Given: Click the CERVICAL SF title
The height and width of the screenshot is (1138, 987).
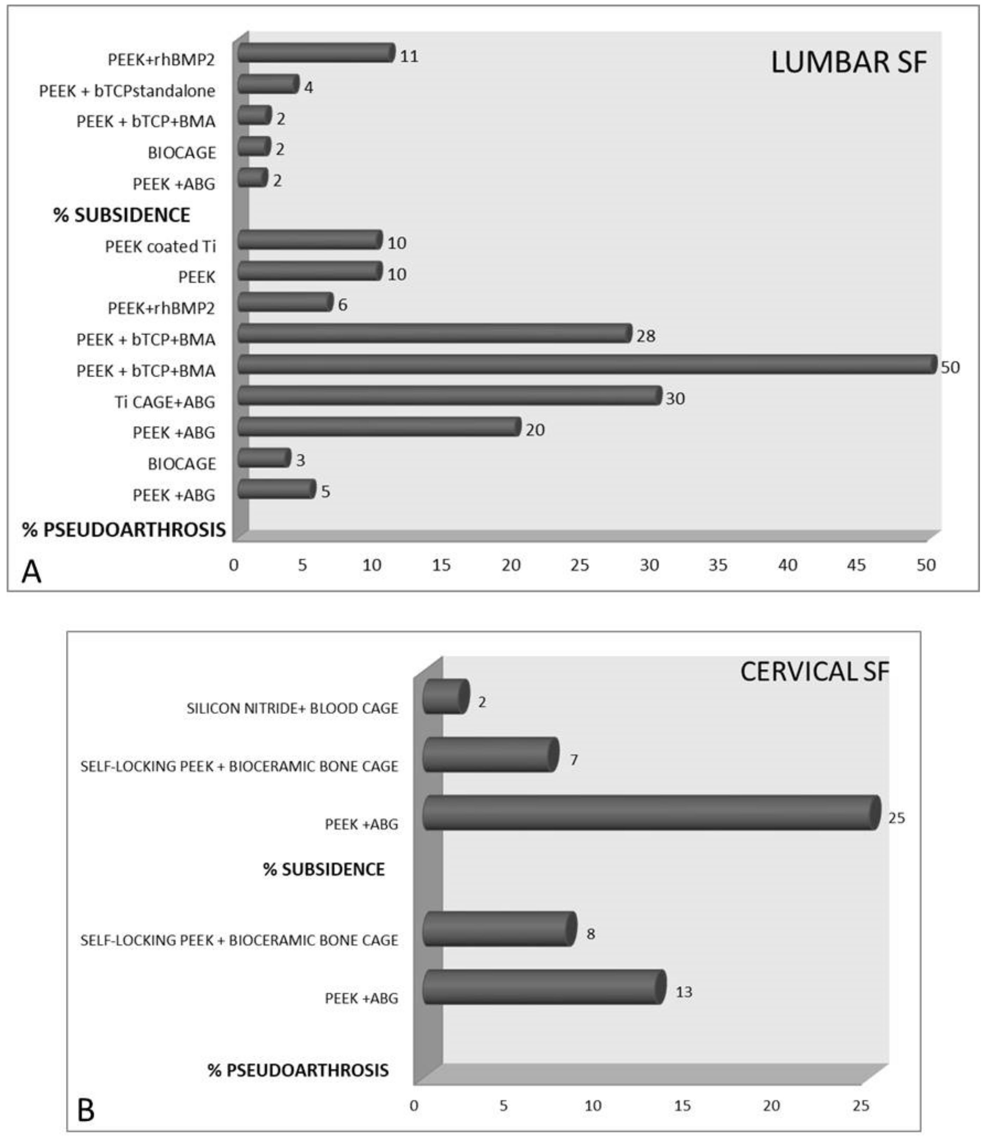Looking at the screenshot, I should [x=814, y=671].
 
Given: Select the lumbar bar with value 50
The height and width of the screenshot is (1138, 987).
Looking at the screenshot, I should [x=587, y=364].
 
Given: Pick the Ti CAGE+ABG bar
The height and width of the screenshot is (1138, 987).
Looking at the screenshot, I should [x=449, y=396].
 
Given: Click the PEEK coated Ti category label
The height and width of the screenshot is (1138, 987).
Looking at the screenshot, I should [x=160, y=246].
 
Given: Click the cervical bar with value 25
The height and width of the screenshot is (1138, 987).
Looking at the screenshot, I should [x=650, y=812].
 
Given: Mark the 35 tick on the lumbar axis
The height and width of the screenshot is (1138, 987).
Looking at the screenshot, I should [x=718, y=565].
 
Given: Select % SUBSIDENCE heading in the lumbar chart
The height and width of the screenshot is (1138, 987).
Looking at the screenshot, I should [x=122, y=215].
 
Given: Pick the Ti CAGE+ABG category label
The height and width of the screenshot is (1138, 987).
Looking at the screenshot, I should [x=165, y=402].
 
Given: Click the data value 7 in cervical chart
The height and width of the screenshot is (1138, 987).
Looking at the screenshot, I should [x=574, y=760].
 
